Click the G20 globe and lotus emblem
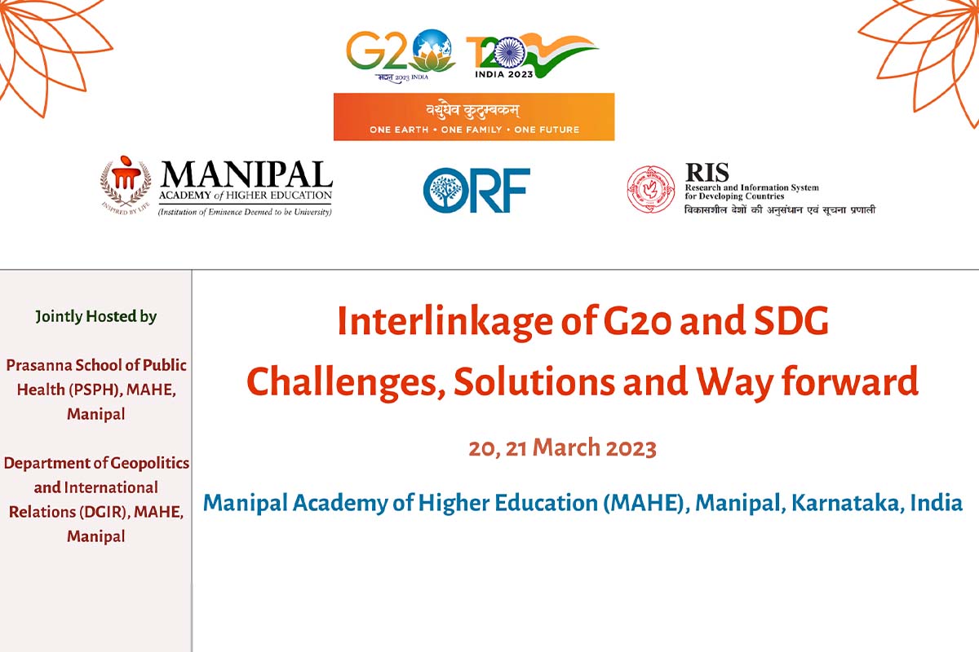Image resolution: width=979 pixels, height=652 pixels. [432, 51]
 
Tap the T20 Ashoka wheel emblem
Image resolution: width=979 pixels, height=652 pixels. [510, 52]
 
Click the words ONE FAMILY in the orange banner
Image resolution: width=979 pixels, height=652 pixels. [472, 130]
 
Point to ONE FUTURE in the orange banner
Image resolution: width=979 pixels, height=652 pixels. [547, 130]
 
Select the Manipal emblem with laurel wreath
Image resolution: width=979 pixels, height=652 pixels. [126, 183]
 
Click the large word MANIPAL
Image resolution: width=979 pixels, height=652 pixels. [247, 174]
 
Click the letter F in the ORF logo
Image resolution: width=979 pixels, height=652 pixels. [516, 190]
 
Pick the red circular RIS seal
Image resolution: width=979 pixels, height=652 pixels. [651, 190]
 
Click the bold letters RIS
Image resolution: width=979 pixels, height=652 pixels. [707, 172]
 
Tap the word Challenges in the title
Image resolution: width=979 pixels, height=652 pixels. [346, 382]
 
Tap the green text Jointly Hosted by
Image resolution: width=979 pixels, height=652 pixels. [95, 316]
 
